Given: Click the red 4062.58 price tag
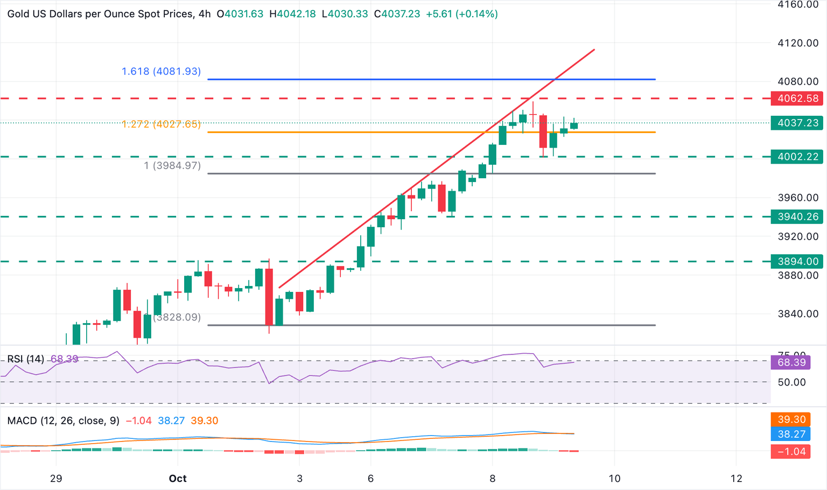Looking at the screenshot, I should click(797, 99).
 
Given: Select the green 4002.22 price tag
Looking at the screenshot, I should click(797, 157).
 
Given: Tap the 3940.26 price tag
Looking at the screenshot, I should click(797, 216).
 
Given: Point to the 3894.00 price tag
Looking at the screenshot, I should click(797, 262).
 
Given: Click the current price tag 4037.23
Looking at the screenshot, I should click(797, 123).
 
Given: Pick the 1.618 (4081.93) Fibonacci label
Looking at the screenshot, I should click(161, 71).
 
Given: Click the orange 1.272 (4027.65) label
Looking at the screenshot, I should click(161, 124).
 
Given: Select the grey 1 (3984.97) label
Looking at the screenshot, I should click(172, 166).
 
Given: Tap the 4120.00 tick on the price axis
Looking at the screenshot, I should click(797, 43).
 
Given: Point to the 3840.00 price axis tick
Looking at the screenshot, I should click(797, 314).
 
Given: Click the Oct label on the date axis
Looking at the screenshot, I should click(178, 478).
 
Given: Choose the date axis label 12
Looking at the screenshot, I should click(736, 478).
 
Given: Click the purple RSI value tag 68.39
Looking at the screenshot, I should click(791, 362).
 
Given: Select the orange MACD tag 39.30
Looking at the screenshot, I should click(791, 419).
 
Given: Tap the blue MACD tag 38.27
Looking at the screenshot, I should click(791, 434).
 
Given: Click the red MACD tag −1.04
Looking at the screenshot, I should click(791, 451).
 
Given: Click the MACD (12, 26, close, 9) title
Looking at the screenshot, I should click(64, 421).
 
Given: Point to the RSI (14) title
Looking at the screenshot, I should click(26, 359).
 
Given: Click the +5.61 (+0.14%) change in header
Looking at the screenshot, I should click(461, 14).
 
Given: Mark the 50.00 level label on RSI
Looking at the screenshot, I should click(791, 382).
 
